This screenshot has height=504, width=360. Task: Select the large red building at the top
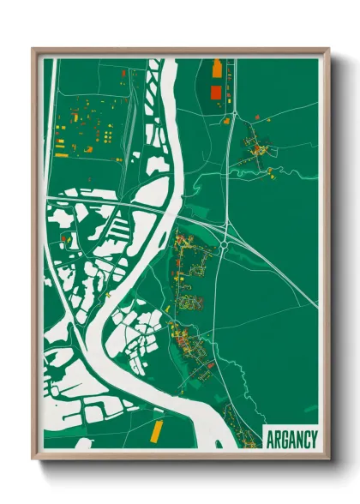pyautogui.click(x=216, y=91)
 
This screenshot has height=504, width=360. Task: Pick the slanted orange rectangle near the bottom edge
pyautogui.click(x=156, y=431)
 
